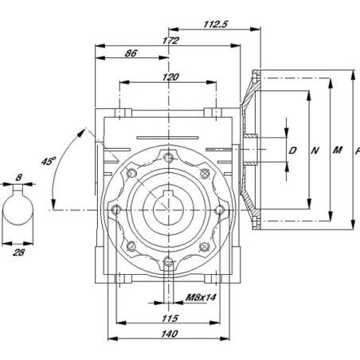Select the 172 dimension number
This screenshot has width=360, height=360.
click(x=170, y=41)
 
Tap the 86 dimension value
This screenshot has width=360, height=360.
click(x=131, y=53)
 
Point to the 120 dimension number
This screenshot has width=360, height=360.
click(x=170, y=77)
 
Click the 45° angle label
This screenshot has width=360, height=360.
click(x=49, y=161)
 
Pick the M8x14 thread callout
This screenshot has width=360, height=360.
click(x=201, y=297)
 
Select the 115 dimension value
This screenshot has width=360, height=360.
click(x=170, y=318)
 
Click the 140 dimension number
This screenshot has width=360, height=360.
click(x=170, y=334)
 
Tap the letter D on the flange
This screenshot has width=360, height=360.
click(x=292, y=151)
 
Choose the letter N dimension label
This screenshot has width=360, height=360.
click(x=315, y=151)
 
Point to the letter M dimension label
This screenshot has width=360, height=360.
click(x=338, y=151)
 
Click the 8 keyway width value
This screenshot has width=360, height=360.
click(x=18, y=178)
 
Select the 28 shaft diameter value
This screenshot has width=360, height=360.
click(x=18, y=252)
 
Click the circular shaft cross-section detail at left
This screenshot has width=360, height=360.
click(x=18, y=209)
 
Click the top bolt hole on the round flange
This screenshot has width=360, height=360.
click(x=168, y=158)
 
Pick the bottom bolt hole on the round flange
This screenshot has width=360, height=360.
click(x=168, y=262)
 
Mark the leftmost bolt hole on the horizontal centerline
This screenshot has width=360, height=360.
click(x=116, y=210)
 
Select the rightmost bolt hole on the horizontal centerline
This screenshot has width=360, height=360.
click(x=219, y=210)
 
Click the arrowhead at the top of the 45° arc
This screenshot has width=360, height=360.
click(x=81, y=132)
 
